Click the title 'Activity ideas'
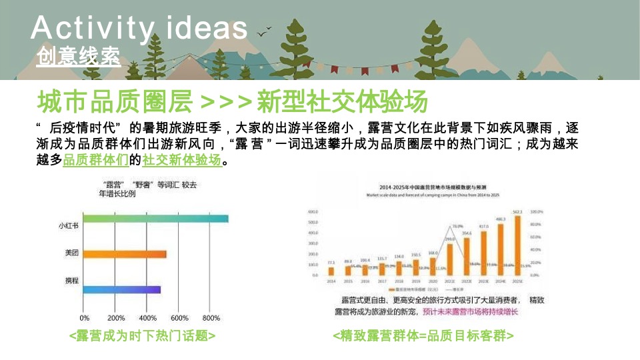click(139, 28)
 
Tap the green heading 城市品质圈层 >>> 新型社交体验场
click(232, 103)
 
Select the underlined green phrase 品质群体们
click(95, 160)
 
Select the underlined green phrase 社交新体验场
click(181, 160)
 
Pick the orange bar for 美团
click(125, 254)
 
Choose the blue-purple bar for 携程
click(122, 289)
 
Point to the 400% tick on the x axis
click(148, 317)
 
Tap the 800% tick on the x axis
click(211, 317)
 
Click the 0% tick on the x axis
click(85, 317)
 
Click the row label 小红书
click(69, 226)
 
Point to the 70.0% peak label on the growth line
click(458, 227)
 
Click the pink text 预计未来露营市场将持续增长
click(470, 312)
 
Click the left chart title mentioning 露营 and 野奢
click(148, 189)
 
